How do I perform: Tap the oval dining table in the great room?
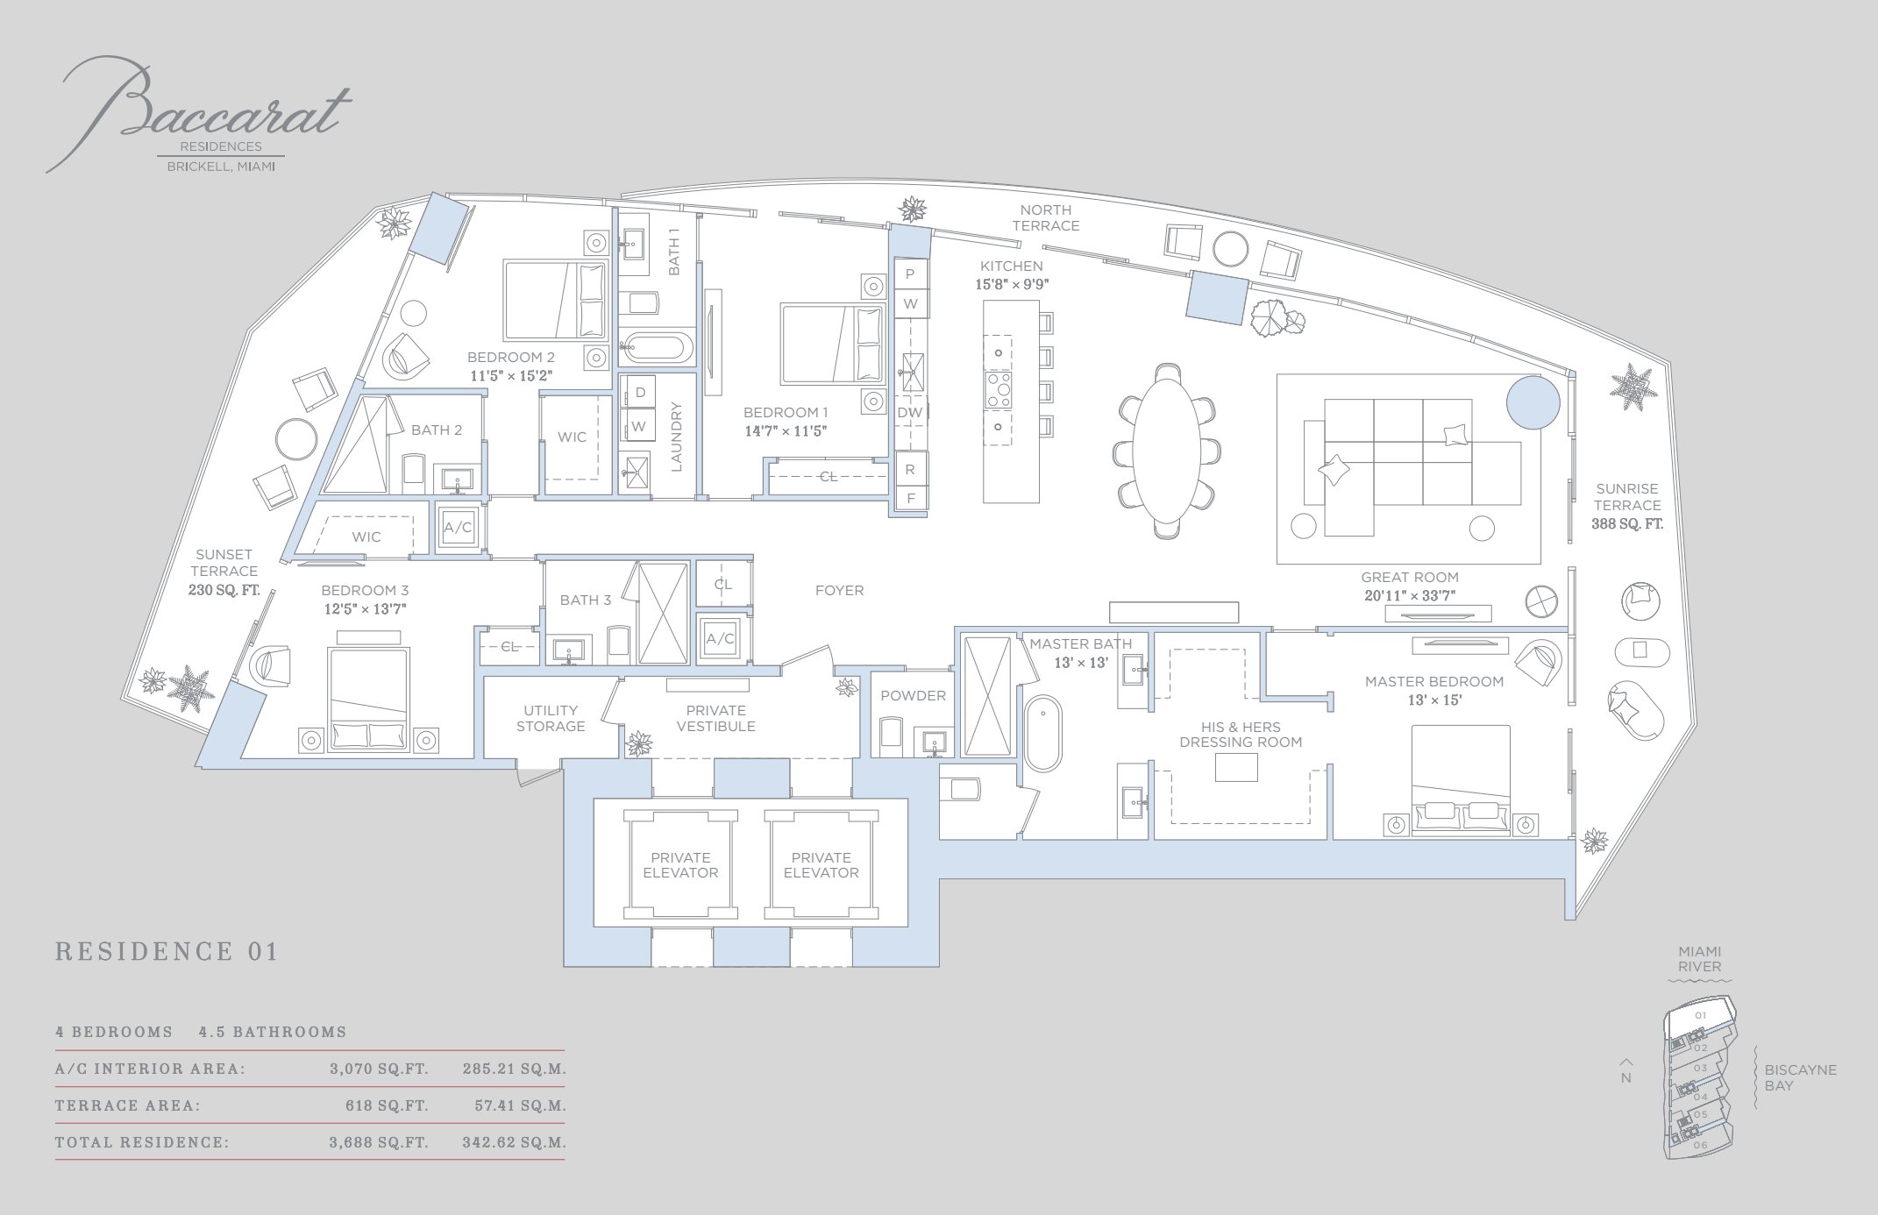pyautogui.click(x=1166, y=447)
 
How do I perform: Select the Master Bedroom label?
pyautogui.click(x=1433, y=681)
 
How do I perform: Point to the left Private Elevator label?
pyautogui.click(x=680, y=865)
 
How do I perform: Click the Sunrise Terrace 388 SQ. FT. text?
pyautogui.click(x=1627, y=506)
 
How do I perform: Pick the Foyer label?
pyautogui.click(x=839, y=591)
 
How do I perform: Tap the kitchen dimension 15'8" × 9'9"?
pyautogui.click(x=1012, y=284)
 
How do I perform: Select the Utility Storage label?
pyautogui.click(x=551, y=718)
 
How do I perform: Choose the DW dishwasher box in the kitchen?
pyautogui.click(x=910, y=413)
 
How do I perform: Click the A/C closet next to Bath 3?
pyautogui.click(x=721, y=639)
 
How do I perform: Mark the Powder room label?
pyautogui.click(x=913, y=695)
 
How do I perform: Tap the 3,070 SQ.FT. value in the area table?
pyautogui.click(x=379, y=1069)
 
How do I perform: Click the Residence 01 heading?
pyautogui.click(x=167, y=951)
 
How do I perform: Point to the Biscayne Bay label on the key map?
pyautogui.click(x=1800, y=1077)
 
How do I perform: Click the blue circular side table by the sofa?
pyautogui.click(x=1533, y=402)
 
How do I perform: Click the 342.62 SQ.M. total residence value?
pyautogui.click(x=514, y=1142)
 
